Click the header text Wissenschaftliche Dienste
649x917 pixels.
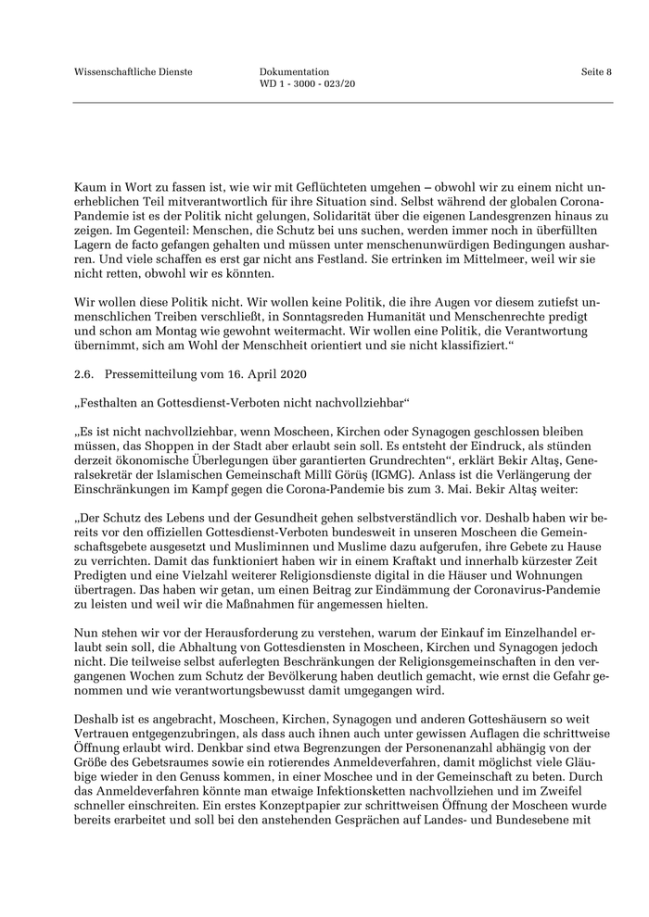(134, 72)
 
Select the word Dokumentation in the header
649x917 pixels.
(294, 72)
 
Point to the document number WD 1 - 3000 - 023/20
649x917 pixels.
(307, 84)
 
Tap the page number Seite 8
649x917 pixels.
(596, 72)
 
